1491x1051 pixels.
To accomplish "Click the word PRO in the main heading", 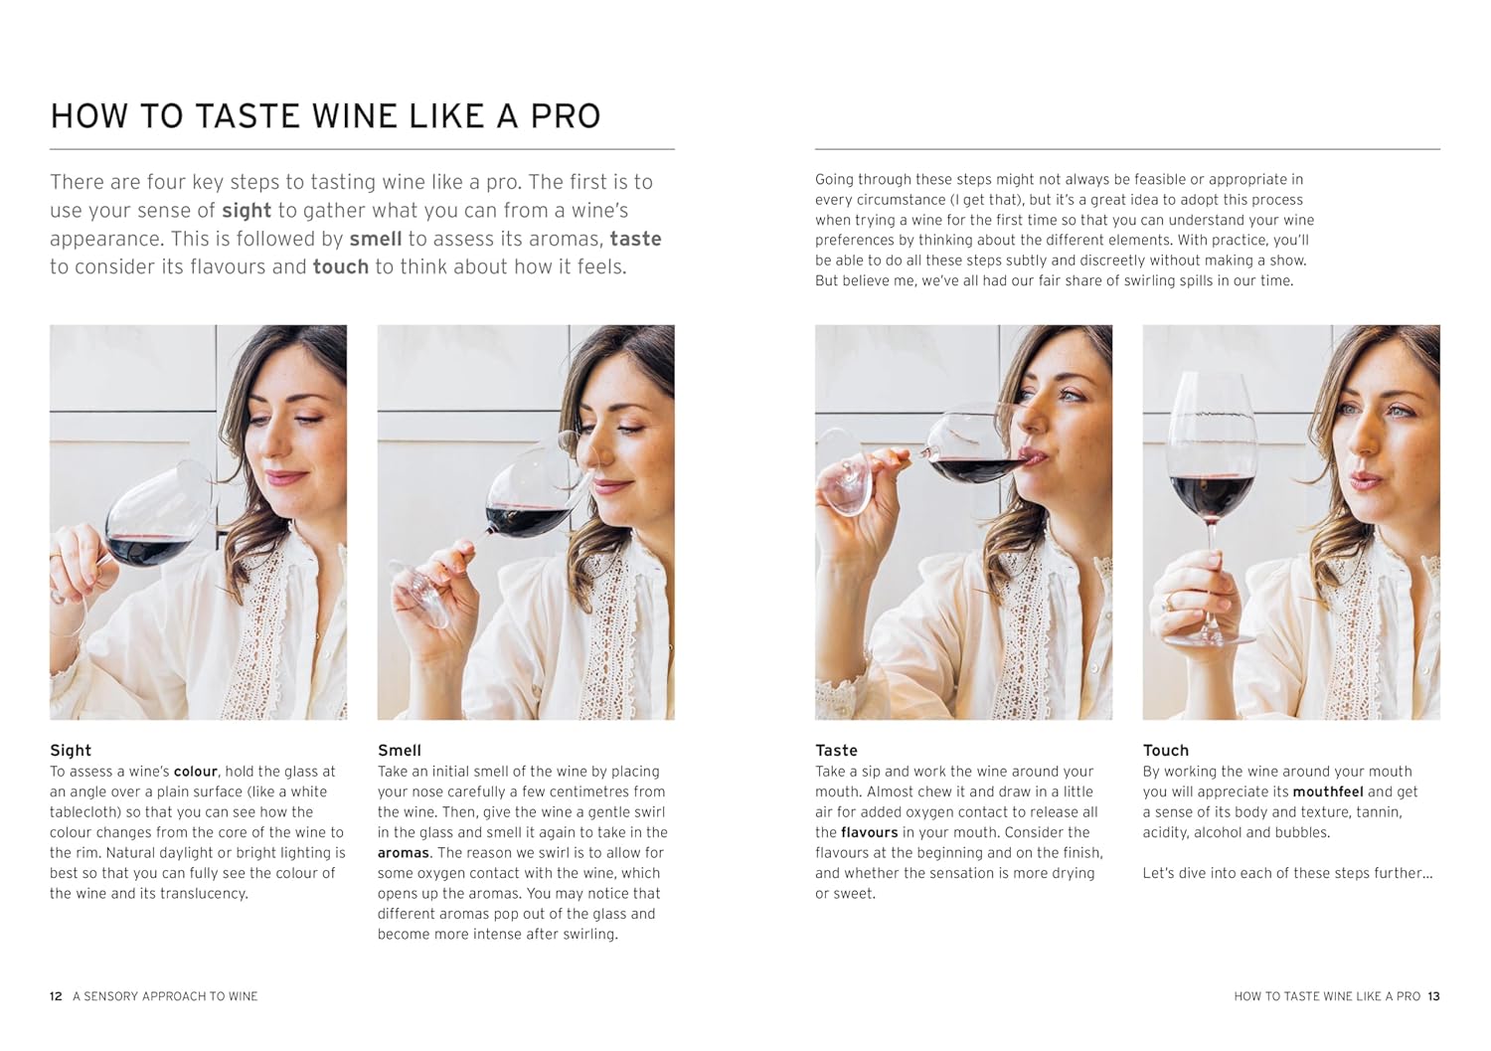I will [565, 116].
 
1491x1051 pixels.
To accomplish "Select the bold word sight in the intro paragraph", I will [246, 211].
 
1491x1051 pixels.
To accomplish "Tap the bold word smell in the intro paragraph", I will [375, 240].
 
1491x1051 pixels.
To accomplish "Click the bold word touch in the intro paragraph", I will [340, 267].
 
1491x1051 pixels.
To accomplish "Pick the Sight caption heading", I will [71, 751].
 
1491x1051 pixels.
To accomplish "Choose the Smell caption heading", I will [400, 751].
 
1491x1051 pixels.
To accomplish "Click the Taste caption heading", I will [836, 751].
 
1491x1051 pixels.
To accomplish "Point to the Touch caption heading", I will [1165, 751].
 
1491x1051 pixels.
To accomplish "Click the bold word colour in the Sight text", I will [195, 772].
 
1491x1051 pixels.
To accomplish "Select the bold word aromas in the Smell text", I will [403, 853].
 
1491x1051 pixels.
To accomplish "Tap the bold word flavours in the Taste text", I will [869, 832].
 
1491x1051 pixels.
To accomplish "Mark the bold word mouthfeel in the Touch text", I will [1327, 792].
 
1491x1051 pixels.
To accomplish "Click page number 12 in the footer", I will [56, 996].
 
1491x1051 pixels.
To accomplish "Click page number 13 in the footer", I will [1433, 996].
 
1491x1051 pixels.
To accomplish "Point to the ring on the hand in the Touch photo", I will [1170, 601].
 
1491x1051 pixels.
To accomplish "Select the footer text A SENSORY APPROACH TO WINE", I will [165, 996].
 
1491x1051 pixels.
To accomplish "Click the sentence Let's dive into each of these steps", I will [1287, 873].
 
